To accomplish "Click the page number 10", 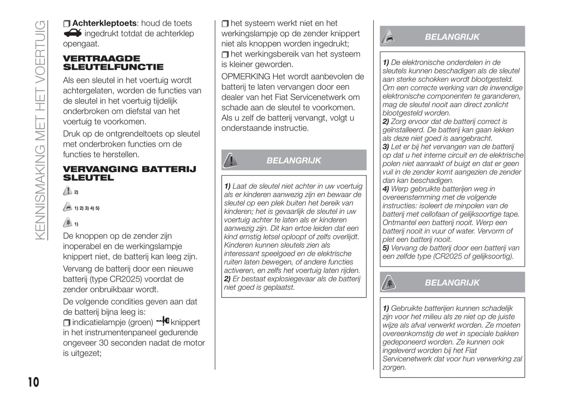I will pyautogui.click(x=33, y=382).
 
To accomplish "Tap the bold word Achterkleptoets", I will pyautogui.click(x=104, y=23).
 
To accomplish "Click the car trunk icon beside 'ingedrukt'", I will pyautogui.click(x=73, y=33).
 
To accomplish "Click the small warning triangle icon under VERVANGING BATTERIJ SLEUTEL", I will pyautogui.click(x=68, y=191).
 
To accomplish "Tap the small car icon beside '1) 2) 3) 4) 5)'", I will pyautogui.click(x=68, y=207).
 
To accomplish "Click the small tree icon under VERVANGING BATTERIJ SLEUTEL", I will pyautogui.click(x=68, y=223).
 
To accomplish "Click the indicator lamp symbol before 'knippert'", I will pyautogui.click(x=163, y=321).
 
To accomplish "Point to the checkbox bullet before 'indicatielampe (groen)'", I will pyautogui.click(x=67, y=323).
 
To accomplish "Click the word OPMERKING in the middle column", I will pyautogui.click(x=245, y=77).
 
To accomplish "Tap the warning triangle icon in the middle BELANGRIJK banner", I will pyautogui.click(x=231, y=160).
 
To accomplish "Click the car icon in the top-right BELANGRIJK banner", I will pyautogui.click(x=389, y=37).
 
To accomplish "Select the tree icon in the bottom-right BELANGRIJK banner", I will pyautogui.click(x=389, y=283).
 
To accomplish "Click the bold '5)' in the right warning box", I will pyautogui.click(x=386, y=248).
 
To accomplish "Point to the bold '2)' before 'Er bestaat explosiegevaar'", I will pyautogui.click(x=227, y=279).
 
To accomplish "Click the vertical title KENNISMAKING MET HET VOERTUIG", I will pyautogui.click(x=40, y=130).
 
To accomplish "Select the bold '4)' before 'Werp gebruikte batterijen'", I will pyautogui.click(x=386, y=189).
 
